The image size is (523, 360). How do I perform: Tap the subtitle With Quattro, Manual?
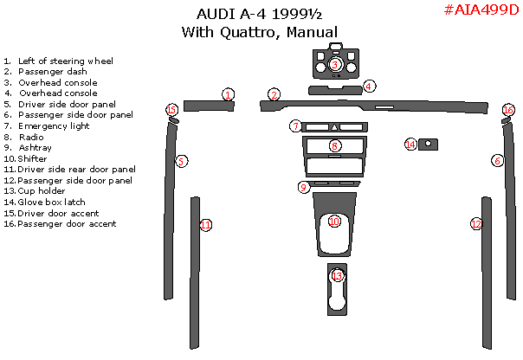(259, 32)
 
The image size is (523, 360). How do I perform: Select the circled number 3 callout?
(335, 64)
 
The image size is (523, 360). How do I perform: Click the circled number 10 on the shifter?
(334, 222)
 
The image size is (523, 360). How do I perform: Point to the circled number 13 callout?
(337, 276)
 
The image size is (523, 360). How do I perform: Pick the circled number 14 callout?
(410, 144)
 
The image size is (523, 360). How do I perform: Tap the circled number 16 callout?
(508, 110)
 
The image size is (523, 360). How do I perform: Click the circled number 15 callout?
(171, 110)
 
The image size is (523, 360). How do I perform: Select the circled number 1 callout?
(228, 94)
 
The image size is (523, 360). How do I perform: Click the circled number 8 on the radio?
(334, 146)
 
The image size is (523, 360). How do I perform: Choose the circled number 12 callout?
(476, 223)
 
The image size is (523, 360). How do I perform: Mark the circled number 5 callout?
(181, 161)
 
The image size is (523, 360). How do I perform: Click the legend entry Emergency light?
(54, 126)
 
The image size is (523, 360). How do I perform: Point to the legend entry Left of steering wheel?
(66, 61)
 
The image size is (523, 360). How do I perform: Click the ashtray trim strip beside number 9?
(335, 184)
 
